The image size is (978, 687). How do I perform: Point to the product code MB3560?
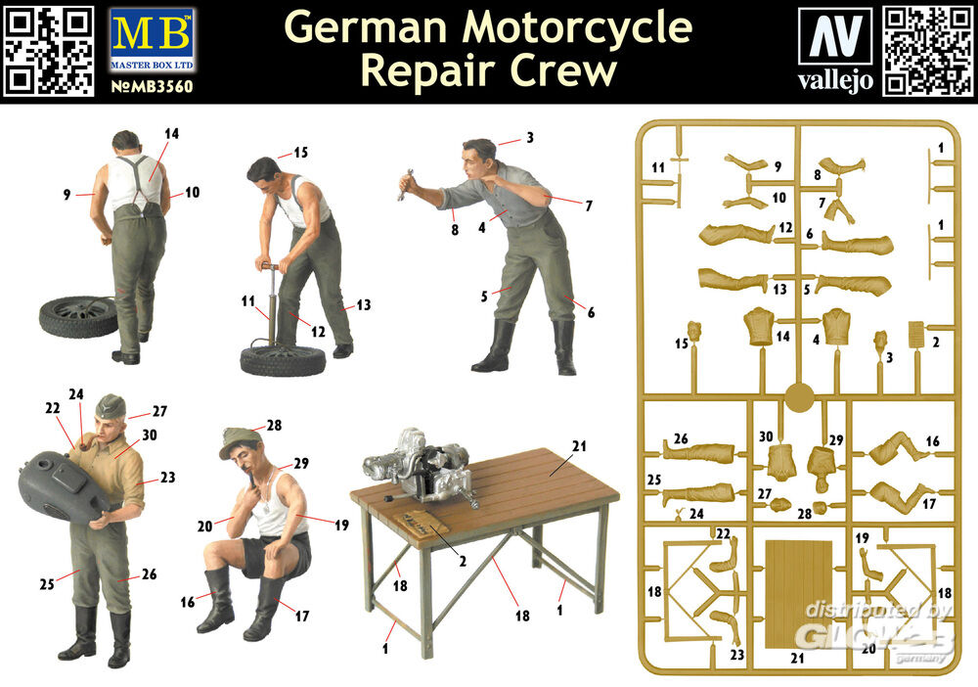(x=151, y=85)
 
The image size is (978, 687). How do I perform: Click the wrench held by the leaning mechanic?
(x=404, y=183)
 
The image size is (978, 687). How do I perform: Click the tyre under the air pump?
(x=283, y=360)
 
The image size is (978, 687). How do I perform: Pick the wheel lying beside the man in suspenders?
(x=78, y=316)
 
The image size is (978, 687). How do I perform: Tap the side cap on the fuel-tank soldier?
(x=111, y=404)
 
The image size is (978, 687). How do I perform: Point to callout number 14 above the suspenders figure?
(x=172, y=133)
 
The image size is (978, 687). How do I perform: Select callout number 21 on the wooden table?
(x=579, y=446)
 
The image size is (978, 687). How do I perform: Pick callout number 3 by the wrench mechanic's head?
(x=529, y=138)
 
